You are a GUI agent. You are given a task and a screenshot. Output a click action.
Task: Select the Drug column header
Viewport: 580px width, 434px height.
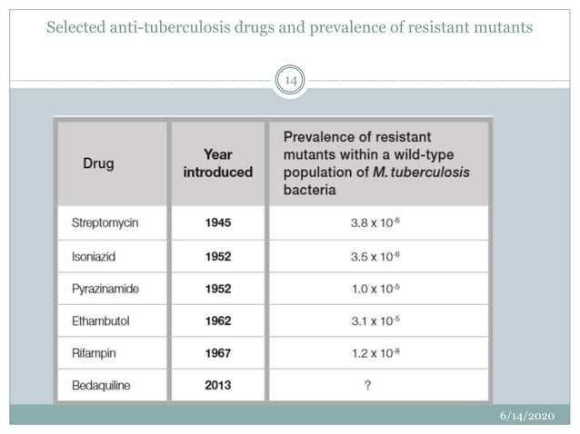[x=98, y=164]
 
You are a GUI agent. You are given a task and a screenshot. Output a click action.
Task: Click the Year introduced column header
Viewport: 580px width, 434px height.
[x=217, y=163]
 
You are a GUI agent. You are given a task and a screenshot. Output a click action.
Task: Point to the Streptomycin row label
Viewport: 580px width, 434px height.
[x=105, y=222]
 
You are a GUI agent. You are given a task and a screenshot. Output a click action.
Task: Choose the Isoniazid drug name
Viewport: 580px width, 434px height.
[x=95, y=255]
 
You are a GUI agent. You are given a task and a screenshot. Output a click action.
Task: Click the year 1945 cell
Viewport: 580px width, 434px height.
[x=217, y=222]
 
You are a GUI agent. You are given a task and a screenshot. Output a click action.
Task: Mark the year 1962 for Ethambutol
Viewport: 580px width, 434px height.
[x=217, y=321]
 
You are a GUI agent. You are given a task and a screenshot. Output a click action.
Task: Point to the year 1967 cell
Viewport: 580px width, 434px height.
[x=217, y=352]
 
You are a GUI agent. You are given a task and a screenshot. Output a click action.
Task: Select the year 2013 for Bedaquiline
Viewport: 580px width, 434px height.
[x=217, y=385]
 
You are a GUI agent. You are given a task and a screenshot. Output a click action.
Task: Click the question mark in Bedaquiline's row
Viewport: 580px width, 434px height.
[x=367, y=385]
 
